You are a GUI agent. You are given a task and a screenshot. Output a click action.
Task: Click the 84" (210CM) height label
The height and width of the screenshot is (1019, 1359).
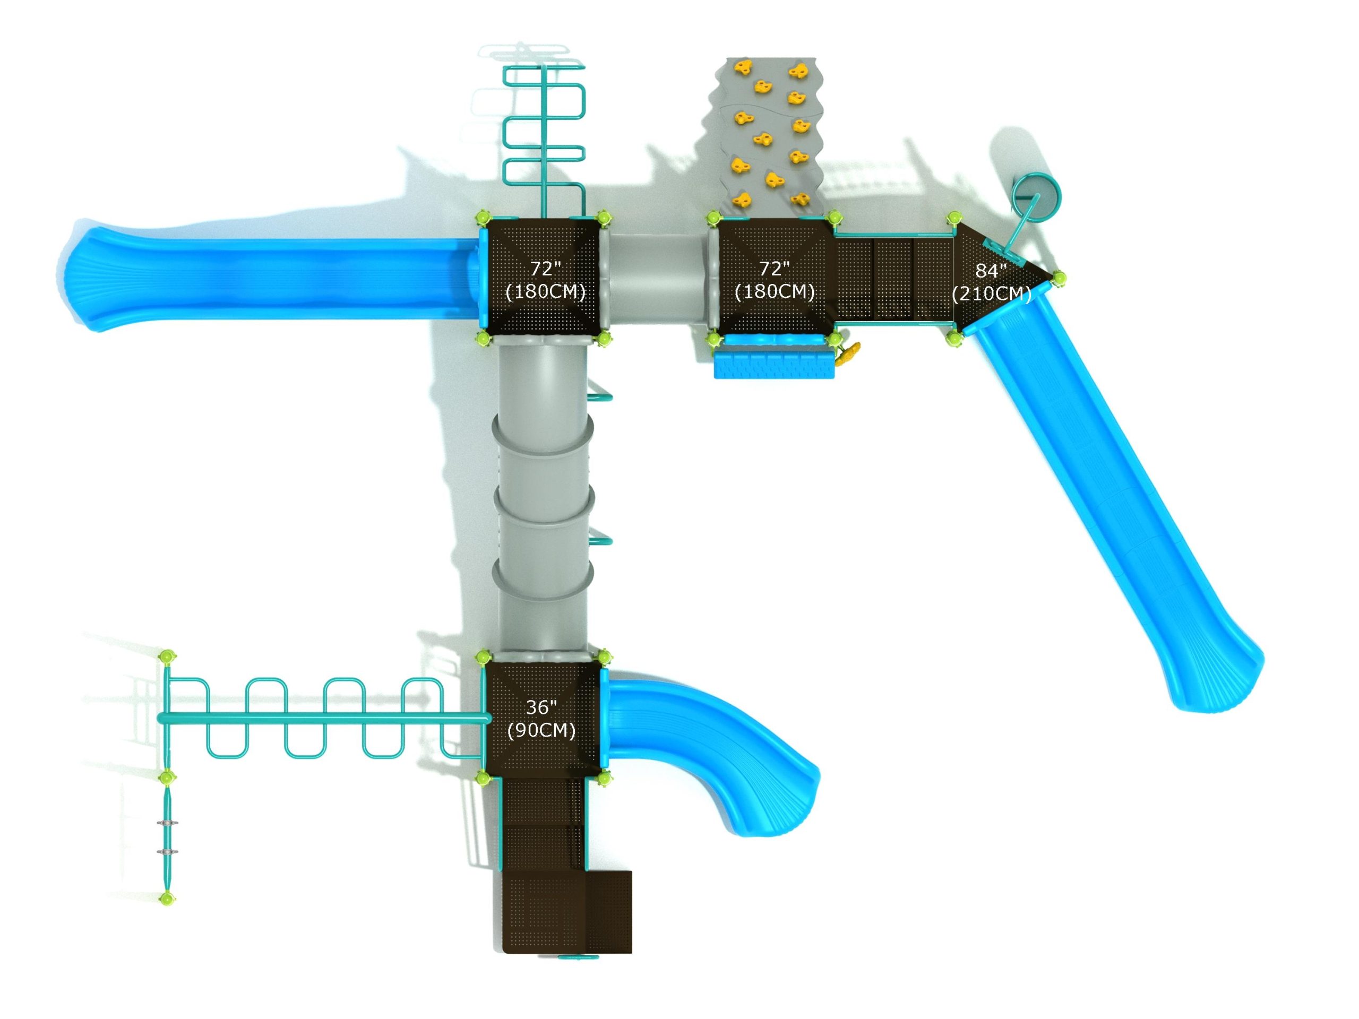(991, 282)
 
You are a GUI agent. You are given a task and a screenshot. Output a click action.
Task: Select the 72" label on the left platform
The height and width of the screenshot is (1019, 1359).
(546, 269)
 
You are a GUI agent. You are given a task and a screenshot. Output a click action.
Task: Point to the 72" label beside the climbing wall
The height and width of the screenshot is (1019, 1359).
(774, 269)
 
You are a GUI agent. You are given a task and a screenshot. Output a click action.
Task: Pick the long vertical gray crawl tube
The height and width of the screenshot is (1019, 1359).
(543, 497)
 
